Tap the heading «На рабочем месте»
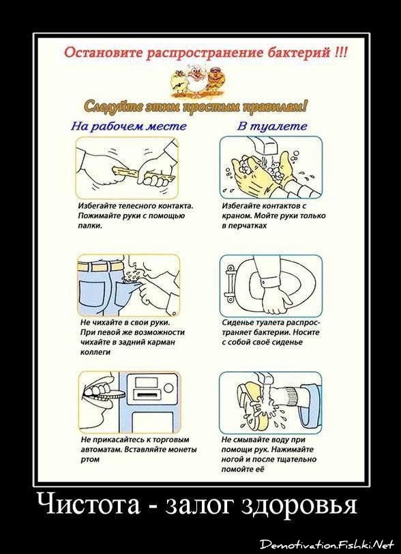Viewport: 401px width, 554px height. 129,126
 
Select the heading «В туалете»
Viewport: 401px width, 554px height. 271,126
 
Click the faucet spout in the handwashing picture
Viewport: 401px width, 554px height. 263,146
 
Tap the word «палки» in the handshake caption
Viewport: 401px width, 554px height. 90,226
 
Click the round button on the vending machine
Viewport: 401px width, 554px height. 169,388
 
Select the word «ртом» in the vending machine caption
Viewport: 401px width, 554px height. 90,460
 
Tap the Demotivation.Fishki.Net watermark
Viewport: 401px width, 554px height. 326,544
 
